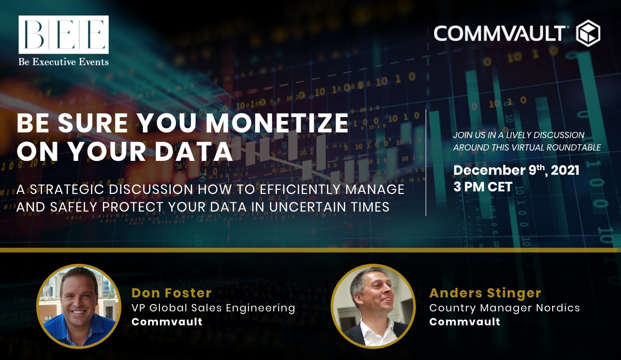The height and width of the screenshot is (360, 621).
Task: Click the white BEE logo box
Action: [x=64, y=34]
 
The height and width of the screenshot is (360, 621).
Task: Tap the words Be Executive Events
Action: [x=64, y=62]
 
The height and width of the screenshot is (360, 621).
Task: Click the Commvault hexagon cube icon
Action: [x=588, y=33]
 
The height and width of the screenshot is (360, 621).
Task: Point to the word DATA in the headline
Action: [x=194, y=152]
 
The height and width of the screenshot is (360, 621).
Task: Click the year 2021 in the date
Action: [x=565, y=170]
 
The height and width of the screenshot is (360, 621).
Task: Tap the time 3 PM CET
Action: [x=483, y=187]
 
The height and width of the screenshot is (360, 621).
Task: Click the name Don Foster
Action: [x=171, y=293]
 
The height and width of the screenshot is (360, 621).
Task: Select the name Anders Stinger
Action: [x=485, y=293]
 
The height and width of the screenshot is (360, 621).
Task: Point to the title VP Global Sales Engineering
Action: [x=213, y=308]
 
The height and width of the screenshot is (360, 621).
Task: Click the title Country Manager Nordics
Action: [x=505, y=308]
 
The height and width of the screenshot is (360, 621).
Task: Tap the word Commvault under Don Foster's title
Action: [x=167, y=322]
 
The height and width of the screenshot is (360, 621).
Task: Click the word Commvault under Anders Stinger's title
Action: [x=465, y=322]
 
